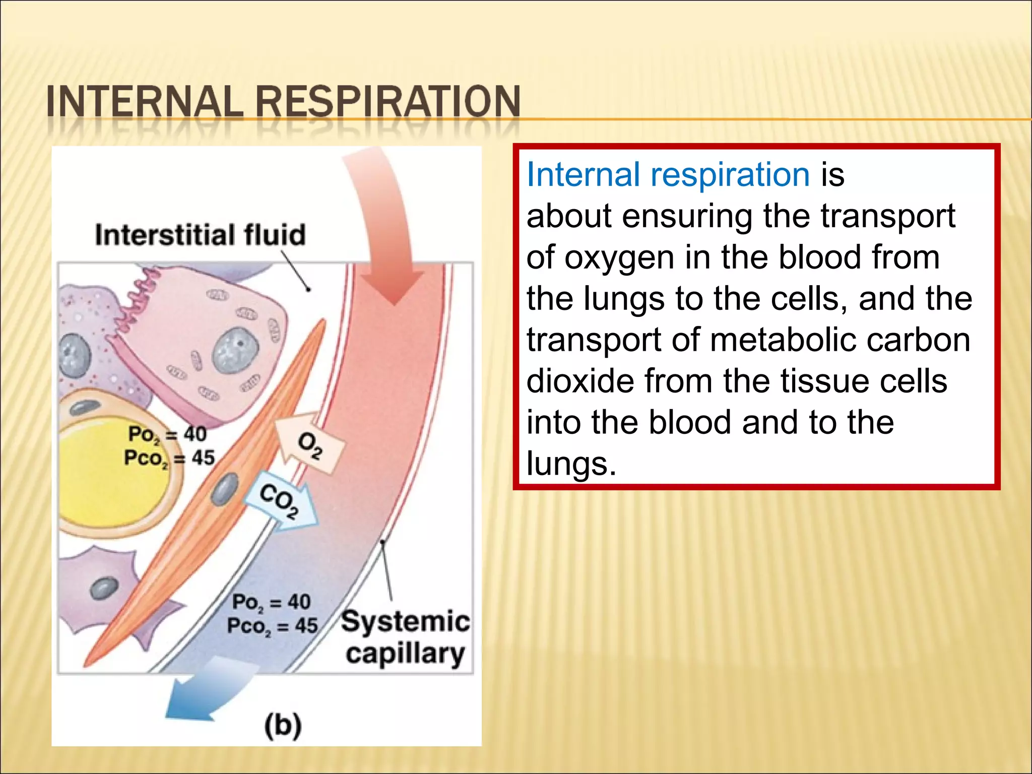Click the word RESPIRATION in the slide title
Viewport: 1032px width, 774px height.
388,101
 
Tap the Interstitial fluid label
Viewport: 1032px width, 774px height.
200,235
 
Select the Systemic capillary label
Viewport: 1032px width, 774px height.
405,637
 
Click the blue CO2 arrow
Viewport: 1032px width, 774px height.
280,501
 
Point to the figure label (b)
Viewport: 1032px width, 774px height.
283,726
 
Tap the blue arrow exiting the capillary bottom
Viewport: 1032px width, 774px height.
202,698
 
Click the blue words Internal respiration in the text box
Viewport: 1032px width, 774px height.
668,175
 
